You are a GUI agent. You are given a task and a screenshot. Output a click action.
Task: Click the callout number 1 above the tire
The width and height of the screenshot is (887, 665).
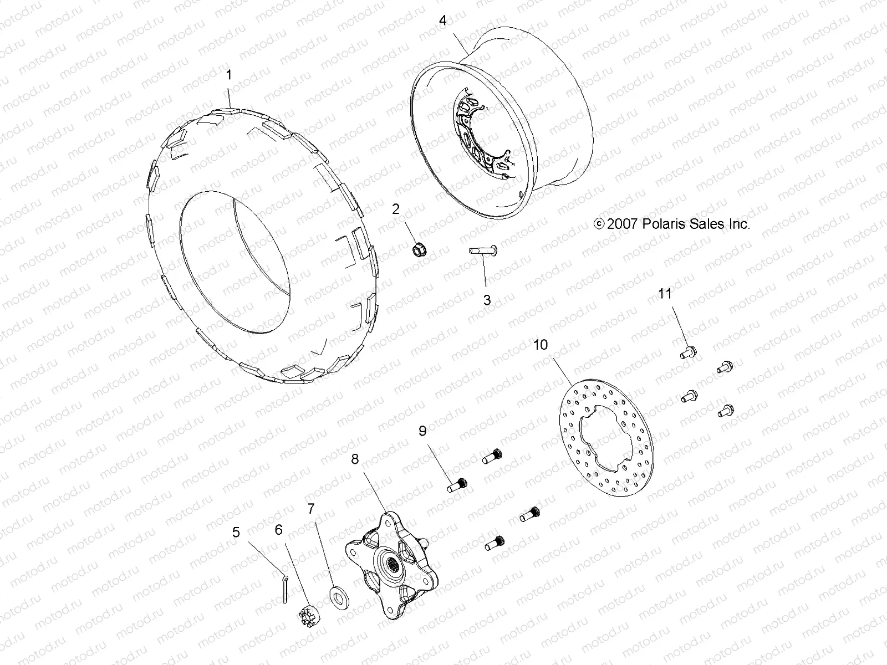pyautogui.click(x=230, y=75)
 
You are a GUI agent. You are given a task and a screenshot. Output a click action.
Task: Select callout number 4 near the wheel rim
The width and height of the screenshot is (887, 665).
pyautogui.click(x=442, y=21)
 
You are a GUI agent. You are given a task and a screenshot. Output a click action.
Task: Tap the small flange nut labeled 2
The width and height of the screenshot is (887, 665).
pyautogui.click(x=419, y=250)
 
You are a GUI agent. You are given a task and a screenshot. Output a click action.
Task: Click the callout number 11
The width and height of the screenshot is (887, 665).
pyautogui.click(x=665, y=293)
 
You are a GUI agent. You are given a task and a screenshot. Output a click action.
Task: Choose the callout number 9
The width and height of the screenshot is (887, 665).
pyautogui.click(x=422, y=431)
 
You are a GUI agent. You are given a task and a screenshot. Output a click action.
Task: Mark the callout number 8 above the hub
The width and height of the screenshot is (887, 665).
pyautogui.click(x=355, y=459)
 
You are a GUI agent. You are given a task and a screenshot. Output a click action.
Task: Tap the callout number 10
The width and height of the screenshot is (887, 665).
pyautogui.click(x=540, y=345)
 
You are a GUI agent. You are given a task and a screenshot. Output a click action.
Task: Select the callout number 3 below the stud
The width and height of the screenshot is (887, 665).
pyautogui.click(x=487, y=300)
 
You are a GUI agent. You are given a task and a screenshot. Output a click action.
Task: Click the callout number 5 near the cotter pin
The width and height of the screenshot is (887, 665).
pyautogui.click(x=237, y=533)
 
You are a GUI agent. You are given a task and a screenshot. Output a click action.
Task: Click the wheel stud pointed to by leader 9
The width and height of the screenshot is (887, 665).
pyautogui.click(x=458, y=485)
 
